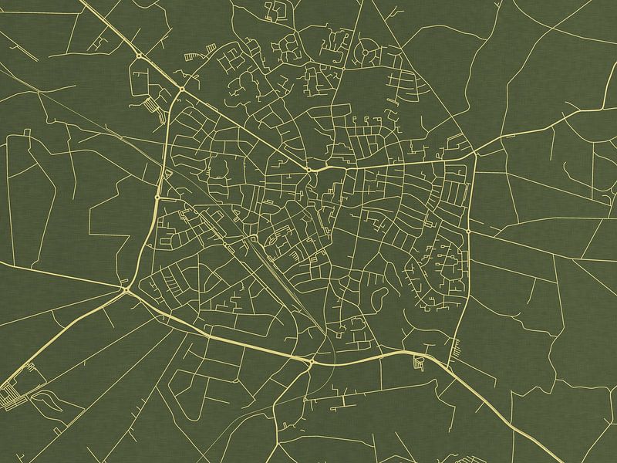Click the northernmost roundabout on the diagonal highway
139,56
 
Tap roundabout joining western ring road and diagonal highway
182,90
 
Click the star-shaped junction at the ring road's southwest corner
126,289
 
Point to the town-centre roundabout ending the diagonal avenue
308,168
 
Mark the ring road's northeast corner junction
474,154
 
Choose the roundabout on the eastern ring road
468,231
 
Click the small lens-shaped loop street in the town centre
273,244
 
